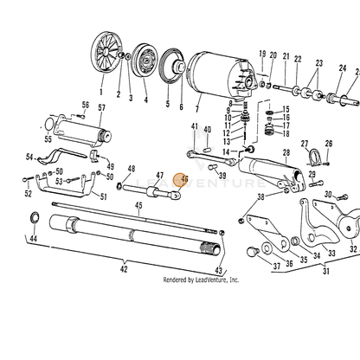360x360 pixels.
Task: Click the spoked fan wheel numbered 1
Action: [106, 53]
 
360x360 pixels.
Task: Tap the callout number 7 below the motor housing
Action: [197, 109]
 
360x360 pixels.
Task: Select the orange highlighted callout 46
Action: [181, 180]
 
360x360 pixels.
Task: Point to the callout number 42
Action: [124, 269]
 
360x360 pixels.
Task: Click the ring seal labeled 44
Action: [35, 217]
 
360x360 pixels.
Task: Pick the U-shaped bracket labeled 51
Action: [65, 185]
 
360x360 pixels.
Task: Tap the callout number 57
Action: [101, 108]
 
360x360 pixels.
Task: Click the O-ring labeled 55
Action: [48, 125]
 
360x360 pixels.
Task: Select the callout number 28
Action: [286, 152]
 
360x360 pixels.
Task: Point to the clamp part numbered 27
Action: [314, 157]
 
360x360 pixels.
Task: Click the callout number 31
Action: [326, 271]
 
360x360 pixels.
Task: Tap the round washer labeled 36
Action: [267, 248]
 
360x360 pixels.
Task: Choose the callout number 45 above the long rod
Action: [138, 205]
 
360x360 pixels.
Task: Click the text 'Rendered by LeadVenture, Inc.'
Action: [201, 280]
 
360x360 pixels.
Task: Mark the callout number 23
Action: [318, 63]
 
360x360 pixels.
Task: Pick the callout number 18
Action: [286, 133]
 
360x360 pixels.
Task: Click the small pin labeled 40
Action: [207, 150]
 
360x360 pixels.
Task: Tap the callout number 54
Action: [29, 157]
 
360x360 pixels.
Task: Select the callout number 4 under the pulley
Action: [146, 100]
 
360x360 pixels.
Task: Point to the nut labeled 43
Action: [222, 233]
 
